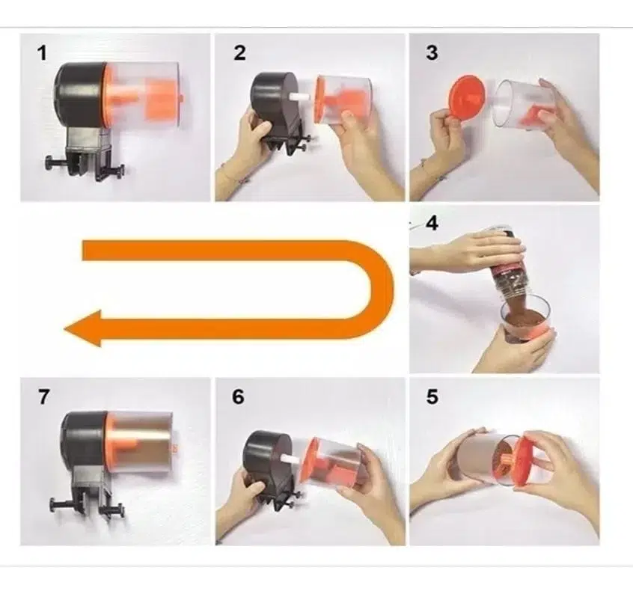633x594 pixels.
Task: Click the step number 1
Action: pyautogui.click(x=42, y=53)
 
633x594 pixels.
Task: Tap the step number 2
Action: pyautogui.click(x=239, y=53)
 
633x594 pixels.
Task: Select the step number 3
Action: pyautogui.click(x=432, y=53)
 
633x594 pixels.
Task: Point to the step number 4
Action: pyautogui.click(x=432, y=224)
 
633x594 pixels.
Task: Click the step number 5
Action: pyautogui.click(x=432, y=396)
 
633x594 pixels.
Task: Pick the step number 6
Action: pyautogui.click(x=238, y=396)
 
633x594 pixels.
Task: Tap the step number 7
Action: pyautogui.click(x=43, y=396)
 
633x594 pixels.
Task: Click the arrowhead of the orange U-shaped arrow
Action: pyautogui.click(x=83, y=328)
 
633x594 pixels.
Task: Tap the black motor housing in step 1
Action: pyautogui.click(x=79, y=94)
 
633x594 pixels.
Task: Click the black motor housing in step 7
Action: pyautogui.click(x=85, y=441)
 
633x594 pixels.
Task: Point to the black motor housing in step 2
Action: pyautogui.click(x=275, y=99)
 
